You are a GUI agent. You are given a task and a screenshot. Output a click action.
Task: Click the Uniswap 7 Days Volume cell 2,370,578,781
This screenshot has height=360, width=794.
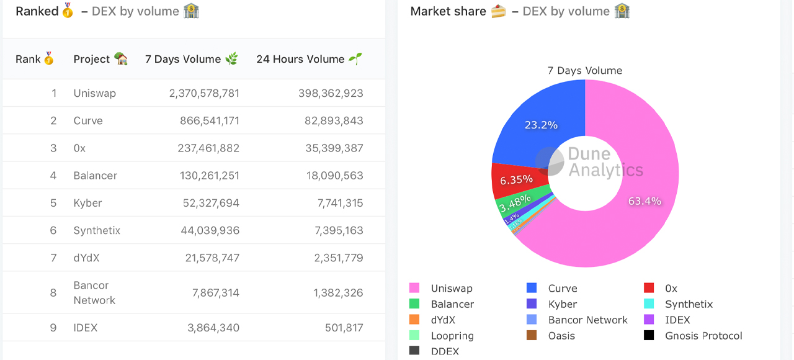[x=204, y=93]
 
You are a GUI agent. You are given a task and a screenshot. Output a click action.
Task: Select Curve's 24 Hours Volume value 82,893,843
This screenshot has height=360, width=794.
[x=334, y=120]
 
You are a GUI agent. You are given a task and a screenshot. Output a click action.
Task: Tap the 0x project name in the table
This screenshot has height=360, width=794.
[x=80, y=148]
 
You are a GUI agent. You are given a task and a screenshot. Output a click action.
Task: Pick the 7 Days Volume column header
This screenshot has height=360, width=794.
[x=183, y=59]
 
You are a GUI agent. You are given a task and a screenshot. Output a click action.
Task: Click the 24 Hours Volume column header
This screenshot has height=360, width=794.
[x=300, y=59]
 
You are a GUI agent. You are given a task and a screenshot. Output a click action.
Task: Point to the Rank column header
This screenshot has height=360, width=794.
[x=28, y=59]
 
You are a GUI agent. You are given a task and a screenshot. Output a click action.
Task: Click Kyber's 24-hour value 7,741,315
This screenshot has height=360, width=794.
[x=338, y=203]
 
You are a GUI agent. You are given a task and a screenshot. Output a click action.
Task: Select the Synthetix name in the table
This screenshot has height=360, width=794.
[x=97, y=230]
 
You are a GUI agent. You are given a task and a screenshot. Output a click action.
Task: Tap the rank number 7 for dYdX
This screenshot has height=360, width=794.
[x=53, y=258]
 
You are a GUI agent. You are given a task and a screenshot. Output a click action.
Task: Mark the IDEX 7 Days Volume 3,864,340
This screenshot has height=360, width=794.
[x=213, y=328]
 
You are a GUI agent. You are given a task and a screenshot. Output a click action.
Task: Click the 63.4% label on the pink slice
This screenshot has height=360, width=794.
[x=645, y=201]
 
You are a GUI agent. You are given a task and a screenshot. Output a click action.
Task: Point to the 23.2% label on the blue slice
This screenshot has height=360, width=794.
[x=541, y=125]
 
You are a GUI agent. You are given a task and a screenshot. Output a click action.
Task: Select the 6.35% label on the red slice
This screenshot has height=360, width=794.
[x=516, y=179]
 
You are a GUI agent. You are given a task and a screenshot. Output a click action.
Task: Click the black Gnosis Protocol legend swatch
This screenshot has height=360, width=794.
[x=649, y=336]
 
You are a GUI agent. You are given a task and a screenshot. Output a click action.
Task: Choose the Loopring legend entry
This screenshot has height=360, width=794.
[x=452, y=336]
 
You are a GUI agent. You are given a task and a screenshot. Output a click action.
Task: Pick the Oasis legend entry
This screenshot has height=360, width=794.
[x=561, y=336]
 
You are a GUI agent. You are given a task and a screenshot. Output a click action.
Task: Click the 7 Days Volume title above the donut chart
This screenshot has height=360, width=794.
[x=584, y=71]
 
